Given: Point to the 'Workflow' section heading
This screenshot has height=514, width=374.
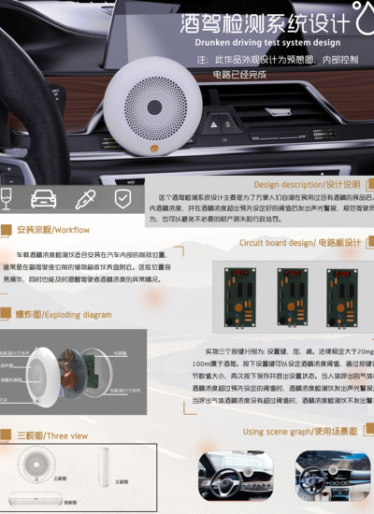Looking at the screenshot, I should click(x=53, y=229).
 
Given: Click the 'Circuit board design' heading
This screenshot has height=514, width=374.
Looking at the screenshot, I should click(x=299, y=242).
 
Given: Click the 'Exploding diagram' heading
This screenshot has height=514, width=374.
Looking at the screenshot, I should click(x=64, y=315).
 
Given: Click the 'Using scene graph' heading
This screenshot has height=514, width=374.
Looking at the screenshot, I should click(x=299, y=432).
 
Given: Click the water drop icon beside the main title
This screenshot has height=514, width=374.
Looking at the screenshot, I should click(x=361, y=21).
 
